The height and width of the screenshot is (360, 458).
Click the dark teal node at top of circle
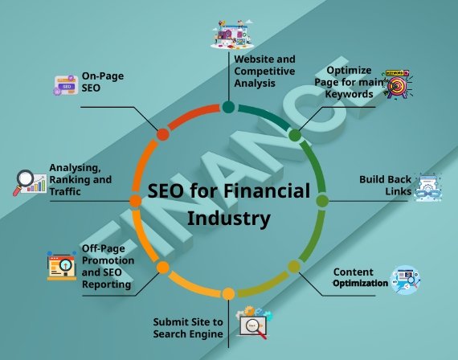[228, 107]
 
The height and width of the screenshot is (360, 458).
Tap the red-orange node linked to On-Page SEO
[163, 134]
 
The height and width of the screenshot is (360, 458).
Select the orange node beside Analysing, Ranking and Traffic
[135, 201]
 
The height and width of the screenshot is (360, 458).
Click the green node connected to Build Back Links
[322, 201]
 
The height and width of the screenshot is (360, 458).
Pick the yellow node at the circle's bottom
[228, 293]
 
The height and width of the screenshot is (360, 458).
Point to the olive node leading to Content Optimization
[294, 267]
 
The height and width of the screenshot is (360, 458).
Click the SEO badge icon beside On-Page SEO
[66, 85]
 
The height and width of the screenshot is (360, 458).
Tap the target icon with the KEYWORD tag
[398, 84]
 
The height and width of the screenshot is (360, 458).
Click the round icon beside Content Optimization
[405, 280]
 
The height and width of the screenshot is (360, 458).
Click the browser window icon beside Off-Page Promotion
[62, 265]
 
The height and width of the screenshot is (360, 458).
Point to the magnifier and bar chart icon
[30, 182]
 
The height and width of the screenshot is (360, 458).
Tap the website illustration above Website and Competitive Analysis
[232, 35]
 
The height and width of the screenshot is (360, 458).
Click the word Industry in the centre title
[229, 219]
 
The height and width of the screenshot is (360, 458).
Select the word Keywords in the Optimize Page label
[349, 94]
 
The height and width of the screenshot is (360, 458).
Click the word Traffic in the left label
[65, 192]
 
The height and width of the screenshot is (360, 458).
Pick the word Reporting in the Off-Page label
[106, 284]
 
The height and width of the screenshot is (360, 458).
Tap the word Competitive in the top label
[264, 71]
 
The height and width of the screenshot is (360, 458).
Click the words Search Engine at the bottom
[188, 334]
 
